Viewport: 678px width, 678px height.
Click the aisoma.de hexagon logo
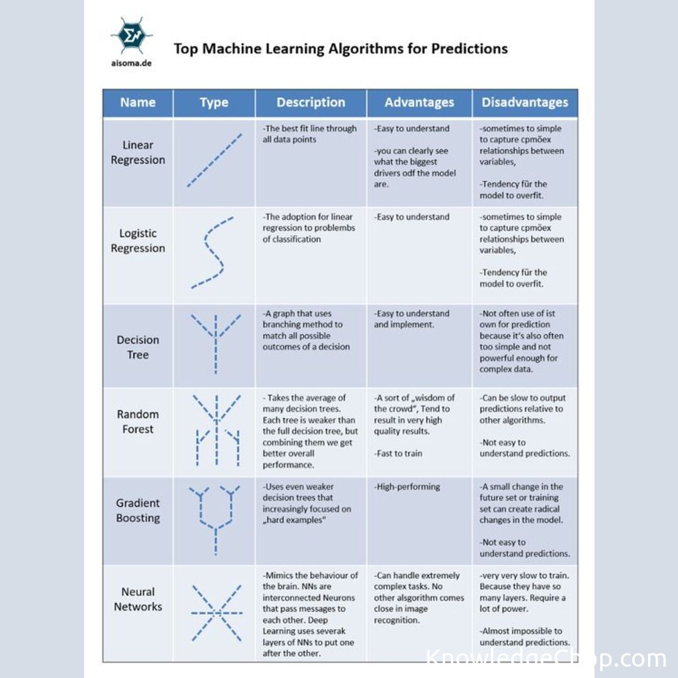(x=132, y=36)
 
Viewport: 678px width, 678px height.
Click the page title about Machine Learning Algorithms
(x=340, y=49)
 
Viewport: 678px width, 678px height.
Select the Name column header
(x=138, y=102)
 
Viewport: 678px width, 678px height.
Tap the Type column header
(x=214, y=103)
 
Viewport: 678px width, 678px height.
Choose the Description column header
(x=311, y=102)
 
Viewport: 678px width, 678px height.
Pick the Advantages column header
(x=419, y=102)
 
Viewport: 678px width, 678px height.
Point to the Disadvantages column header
(x=525, y=102)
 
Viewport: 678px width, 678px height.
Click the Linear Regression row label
(x=138, y=153)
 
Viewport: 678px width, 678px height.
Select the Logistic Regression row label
(x=138, y=241)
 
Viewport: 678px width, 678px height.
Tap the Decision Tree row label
(x=138, y=347)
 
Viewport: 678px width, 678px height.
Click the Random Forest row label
(x=138, y=422)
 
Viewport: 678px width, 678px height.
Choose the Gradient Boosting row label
(x=138, y=510)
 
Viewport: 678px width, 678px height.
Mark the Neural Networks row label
(x=138, y=599)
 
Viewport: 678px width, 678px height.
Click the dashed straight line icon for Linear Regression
(x=214, y=160)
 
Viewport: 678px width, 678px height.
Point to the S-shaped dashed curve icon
(x=212, y=253)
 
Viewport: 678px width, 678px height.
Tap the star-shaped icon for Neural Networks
(x=216, y=612)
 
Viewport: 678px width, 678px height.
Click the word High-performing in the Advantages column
(x=407, y=487)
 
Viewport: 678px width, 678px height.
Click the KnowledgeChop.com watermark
(x=545, y=659)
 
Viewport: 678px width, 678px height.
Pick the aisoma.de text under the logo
(x=132, y=63)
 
